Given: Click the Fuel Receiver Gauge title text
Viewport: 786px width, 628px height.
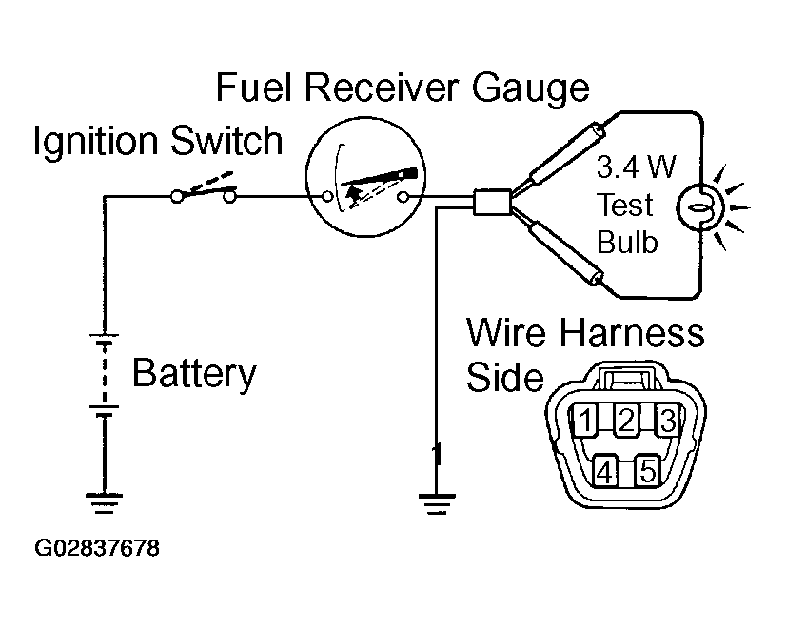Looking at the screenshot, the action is (403, 88).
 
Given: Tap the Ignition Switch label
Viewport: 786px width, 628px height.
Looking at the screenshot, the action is (158, 141).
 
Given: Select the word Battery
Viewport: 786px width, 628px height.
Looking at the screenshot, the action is (194, 373).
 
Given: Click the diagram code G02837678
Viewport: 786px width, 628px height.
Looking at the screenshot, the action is (97, 548).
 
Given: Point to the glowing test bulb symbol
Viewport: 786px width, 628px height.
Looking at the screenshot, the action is (700, 206).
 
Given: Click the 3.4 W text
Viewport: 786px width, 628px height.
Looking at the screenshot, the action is (636, 167).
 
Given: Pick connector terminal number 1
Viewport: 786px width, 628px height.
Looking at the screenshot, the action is (585, 420).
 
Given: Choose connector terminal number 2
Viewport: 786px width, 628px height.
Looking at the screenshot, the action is (626, 420).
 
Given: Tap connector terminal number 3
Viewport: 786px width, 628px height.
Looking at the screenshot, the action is (668, 420).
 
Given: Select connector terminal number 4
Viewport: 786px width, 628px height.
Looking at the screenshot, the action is (605, 471).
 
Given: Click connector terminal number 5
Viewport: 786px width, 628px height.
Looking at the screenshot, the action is (648, 471).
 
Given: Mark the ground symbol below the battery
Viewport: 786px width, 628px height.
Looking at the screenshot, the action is (104, 502).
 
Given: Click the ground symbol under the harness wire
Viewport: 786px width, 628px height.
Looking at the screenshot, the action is (437, 503).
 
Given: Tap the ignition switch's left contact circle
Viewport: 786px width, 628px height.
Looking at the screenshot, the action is (177, 196).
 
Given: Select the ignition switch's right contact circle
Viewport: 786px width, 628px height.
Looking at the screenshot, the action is (229, 197).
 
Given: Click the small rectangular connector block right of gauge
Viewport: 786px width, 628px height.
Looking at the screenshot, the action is (492, 202).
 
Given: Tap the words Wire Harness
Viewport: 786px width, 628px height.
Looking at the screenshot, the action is (585, 332).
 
